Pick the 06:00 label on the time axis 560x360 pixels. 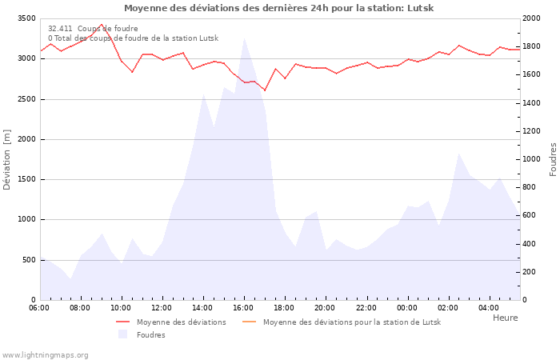39,307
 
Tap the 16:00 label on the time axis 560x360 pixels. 243,307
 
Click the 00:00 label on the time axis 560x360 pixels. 407,307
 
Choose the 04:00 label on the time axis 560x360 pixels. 489,307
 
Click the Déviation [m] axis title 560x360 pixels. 8,159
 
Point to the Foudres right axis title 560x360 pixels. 553,159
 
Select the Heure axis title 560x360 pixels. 505,318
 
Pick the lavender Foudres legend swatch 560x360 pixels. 122,334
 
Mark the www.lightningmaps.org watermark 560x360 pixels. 45,354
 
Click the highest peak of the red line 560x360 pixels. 101,25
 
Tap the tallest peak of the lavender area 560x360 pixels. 244,38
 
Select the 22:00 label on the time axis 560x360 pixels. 366,307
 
